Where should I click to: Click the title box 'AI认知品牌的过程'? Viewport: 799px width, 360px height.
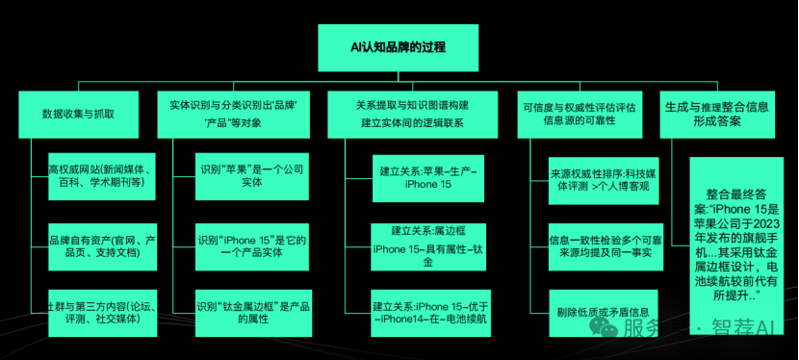coord(399,45)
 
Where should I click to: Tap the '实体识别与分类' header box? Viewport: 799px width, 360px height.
coord(237,114)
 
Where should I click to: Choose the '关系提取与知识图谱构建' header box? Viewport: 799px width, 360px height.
coord(413,114)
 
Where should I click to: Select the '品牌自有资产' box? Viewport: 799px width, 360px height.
coord(100,244)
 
